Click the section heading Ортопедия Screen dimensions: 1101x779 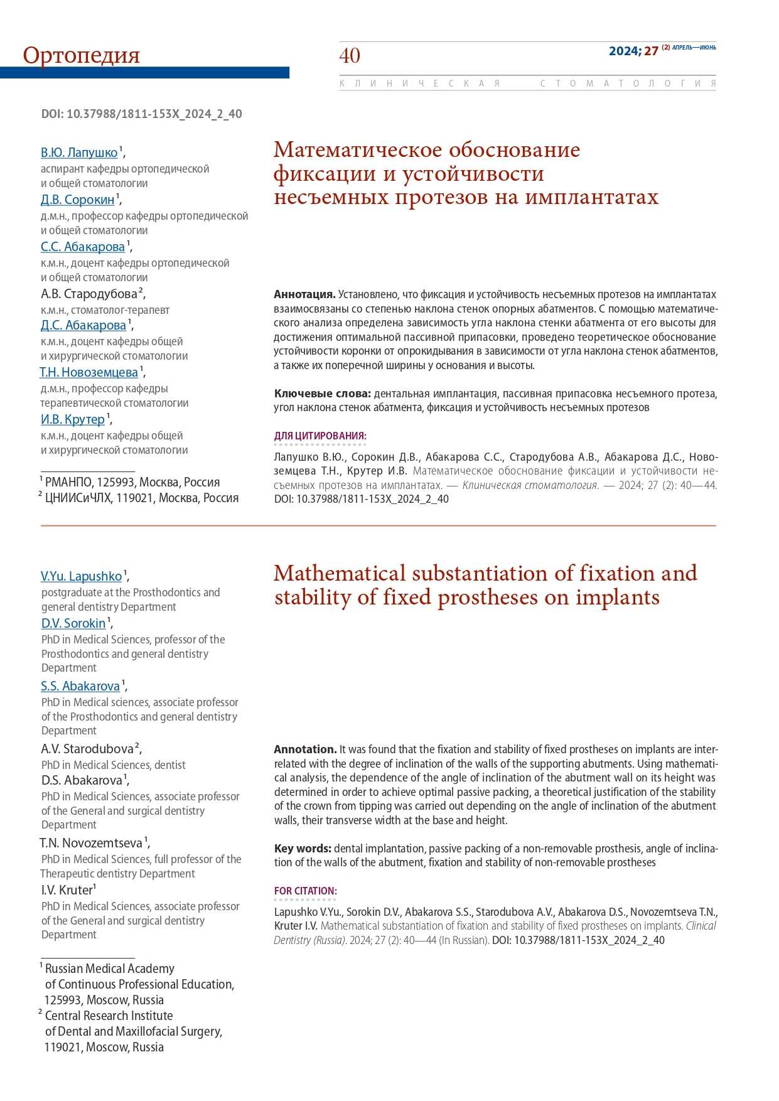coord(82,55)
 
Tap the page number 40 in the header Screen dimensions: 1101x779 coord(350,56)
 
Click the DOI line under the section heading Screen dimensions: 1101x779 coord(141,114)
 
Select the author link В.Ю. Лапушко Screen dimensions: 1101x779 coord(79,153)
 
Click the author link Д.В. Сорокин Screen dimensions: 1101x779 coord(78,200)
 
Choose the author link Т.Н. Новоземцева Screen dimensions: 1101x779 coord(89,372)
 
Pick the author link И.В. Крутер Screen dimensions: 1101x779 coord(73,419)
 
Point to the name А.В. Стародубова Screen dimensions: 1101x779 coord(89,294)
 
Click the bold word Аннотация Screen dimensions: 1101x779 coord(304,294)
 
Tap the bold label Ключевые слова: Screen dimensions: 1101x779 coord(323,394)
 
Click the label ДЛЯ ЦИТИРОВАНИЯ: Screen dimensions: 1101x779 coord(320,436)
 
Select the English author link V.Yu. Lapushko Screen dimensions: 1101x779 coord(82,576)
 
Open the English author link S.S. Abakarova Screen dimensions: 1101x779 coord(80,686)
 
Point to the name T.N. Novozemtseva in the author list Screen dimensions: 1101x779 coord(91,843)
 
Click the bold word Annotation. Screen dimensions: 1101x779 coord(305,749)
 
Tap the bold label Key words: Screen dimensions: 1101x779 coord(303,849)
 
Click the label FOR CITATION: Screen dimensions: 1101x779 coord(305,891)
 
